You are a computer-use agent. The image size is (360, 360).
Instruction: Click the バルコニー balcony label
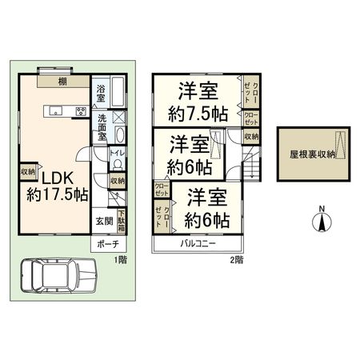pos(199,242)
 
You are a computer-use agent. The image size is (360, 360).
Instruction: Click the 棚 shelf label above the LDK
pos(62,81)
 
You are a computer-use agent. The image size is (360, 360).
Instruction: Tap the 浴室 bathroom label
pos(102,92)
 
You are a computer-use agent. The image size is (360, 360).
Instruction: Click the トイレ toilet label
pos(114,152)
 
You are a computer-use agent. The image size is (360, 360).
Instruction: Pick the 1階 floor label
pos(119,260)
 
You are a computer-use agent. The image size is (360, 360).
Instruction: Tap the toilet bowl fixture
pos(117,164)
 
